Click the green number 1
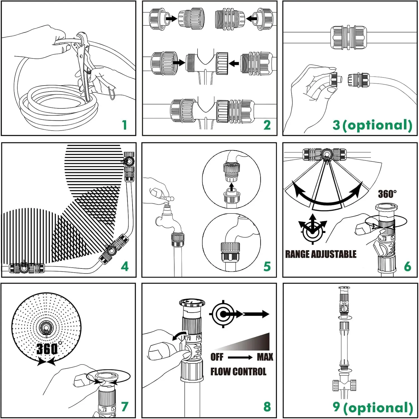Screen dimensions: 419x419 tap(125, 125)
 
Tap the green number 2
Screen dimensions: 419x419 tap(267, 125)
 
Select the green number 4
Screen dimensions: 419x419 tap(125, 266)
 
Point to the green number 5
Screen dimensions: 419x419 tap(267, 266)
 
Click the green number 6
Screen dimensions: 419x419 tap(408, 266)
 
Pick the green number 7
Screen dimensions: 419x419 tap(125, 407)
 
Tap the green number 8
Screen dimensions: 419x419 tap(267, 407)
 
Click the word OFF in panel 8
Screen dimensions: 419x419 tap(217, 357)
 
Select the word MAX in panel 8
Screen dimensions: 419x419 tap(265, 357)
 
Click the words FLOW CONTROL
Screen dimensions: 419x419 tap(238, 372)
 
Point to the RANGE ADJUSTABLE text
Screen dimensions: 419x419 tap(321, 254)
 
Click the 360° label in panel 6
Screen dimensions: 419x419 tap(387, 194)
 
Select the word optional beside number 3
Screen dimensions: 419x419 tap(377, 125)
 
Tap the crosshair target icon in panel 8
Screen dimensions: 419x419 tap(223, 314)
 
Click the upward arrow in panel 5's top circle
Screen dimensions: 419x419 tap(231, 186)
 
